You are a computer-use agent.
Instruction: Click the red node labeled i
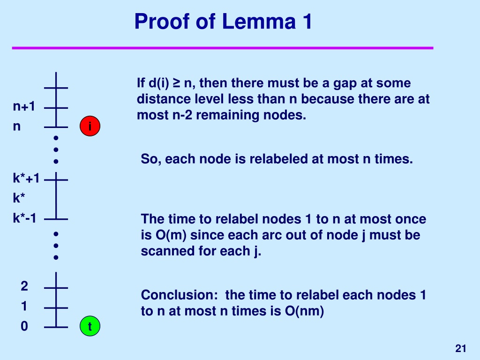tap(90, 126)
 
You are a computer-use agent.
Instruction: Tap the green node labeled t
tap(90, 326)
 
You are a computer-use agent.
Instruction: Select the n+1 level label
tap(24, 106)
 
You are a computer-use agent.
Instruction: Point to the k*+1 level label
tap(26, 178)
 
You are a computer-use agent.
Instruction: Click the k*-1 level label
tap(24, 218)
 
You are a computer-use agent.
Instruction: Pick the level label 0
tap(24, 326)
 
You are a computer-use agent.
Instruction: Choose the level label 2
tap(24, 286)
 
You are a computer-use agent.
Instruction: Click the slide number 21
tap(461, 348)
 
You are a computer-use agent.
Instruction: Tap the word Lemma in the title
tap(259, 22)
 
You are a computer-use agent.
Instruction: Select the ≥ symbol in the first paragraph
tap(176, 83)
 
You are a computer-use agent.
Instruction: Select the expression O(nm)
tap(304, 311)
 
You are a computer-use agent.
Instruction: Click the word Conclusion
tap(179, 295)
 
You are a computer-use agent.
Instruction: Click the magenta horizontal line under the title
tap(223, 48)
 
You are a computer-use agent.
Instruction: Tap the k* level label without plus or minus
tap(19, 198)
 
